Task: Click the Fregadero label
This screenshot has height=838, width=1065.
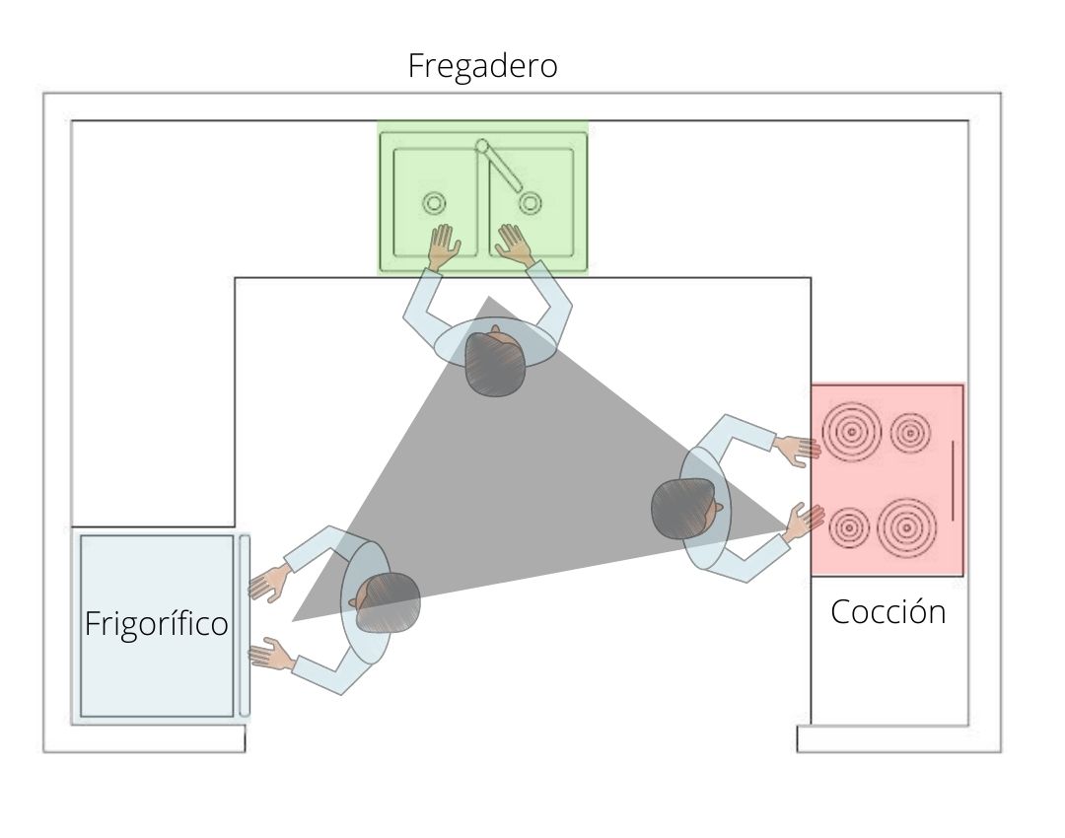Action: point(482,66)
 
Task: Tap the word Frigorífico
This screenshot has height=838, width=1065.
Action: point(156,624)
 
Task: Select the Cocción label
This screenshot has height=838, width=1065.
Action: point(887,612)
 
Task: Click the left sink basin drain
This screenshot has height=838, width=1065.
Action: point(434,203)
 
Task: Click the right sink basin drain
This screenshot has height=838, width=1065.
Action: point(531,203)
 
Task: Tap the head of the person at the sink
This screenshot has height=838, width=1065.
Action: point(492,363)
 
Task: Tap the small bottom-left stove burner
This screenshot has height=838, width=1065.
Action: point(848,528)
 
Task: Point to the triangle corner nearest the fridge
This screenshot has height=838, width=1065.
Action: point(293,621)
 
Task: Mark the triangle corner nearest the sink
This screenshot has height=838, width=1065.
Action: point(487,297)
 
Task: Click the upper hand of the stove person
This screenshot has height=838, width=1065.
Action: point(798,451)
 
